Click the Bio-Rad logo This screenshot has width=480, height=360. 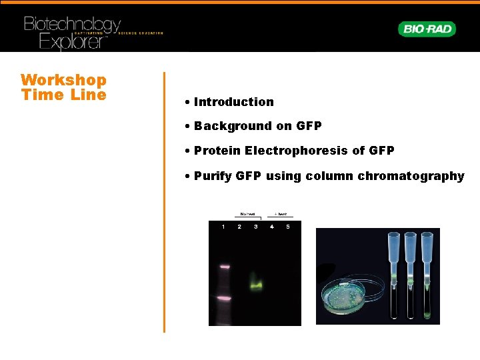[x=427, y=29]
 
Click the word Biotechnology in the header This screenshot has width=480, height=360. [x=72, y=25]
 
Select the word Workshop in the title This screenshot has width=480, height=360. [x=64, y=80]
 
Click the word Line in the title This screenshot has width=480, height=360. [x=93, y=95]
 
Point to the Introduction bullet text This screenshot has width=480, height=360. [x=233, y=102]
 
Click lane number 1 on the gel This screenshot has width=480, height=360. [x=223, y=227]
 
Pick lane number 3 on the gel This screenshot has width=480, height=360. [x=255, y=227]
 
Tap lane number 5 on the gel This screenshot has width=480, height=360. [x=288, y=227]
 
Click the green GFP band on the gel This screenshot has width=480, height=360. [x=255, y=283]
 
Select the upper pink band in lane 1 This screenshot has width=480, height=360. [x=223, y=267]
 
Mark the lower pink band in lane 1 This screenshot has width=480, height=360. [x=223, y=298]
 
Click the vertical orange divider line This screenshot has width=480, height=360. [x=164, y=200]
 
